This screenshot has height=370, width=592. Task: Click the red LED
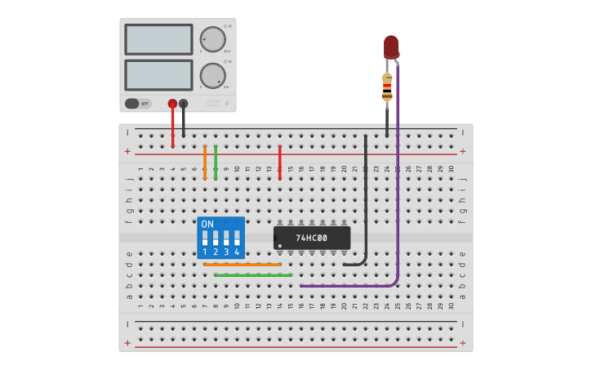[391, 47]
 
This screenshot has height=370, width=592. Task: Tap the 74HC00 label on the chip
[311, 238]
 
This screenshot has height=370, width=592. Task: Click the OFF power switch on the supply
[138, 104]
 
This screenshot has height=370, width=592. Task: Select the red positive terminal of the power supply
[172, 104]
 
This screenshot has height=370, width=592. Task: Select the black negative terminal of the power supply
[183, 104]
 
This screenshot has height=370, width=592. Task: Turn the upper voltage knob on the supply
[212, 39]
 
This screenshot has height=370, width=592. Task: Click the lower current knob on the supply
[212, 75]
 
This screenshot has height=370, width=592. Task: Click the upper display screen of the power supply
[158, 39]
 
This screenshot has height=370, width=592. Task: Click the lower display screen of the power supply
[158, 75]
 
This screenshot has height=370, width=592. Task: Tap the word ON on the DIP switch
[207, 224]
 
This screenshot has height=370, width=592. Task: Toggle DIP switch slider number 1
[205, 238]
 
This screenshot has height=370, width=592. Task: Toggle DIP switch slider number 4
[237, 238]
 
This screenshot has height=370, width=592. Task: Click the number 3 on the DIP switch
[226, 252]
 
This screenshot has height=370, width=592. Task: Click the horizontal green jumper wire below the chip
[253, 275]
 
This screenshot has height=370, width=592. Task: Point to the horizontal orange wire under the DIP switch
[242, 265]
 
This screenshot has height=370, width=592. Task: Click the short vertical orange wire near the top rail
[205, 162]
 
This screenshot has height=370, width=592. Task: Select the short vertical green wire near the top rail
[216, 162]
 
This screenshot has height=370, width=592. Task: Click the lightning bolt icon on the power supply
[227, 104]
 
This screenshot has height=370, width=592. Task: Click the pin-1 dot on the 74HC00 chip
[280, 245]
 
